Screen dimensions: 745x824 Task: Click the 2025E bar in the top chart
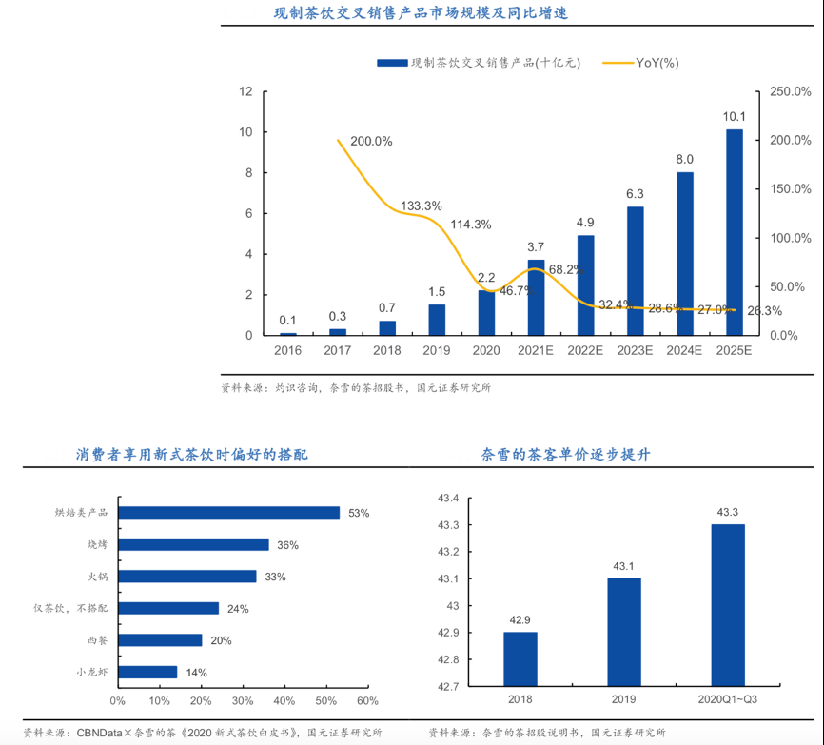735,232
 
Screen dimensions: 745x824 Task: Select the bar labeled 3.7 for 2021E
536,297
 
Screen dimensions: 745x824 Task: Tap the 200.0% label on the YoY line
371,141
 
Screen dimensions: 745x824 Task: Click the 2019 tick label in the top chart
436,351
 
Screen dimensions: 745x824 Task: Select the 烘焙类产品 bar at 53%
228,513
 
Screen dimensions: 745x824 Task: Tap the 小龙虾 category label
92,672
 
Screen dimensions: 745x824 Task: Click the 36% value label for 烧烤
287,545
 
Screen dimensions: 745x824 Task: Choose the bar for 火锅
187,577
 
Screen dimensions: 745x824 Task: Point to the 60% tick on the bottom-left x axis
367,701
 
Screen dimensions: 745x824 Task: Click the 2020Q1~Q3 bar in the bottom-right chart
728,604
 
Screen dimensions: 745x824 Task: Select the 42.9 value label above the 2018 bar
520,620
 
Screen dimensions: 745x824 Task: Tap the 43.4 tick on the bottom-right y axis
447,499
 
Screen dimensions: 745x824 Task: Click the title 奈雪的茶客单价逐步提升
566,455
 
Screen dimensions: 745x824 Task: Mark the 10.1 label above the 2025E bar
735,117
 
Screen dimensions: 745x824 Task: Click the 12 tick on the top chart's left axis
245,92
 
